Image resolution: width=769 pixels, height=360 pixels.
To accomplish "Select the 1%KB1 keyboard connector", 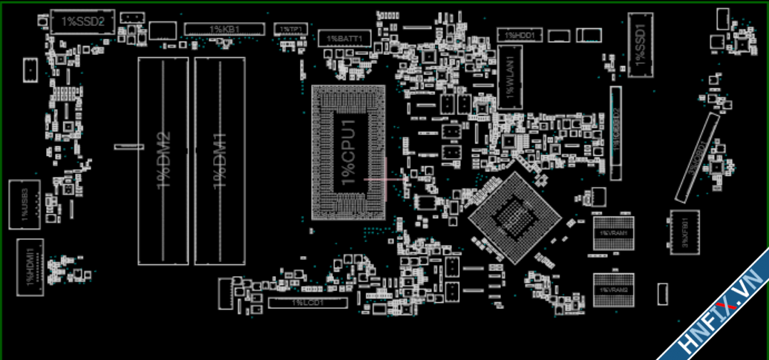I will pos(224,29).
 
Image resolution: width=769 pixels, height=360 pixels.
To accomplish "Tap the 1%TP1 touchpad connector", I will pos(290,28).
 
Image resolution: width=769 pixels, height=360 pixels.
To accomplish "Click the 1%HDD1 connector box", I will pos(520,34).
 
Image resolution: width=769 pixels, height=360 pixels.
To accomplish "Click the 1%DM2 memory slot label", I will pos(163,160).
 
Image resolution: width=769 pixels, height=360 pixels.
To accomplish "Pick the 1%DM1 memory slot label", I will pos(220,160).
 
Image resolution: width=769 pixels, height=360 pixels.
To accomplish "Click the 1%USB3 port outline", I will pos(23,204).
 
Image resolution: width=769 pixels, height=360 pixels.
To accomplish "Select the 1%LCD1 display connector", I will pos(307,303).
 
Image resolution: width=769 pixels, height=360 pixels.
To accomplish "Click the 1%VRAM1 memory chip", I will pos(613,234).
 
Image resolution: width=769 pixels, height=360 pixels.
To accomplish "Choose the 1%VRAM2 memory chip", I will pos(613,289).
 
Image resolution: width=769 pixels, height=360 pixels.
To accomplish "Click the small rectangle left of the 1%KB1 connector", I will pos(163,30).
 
